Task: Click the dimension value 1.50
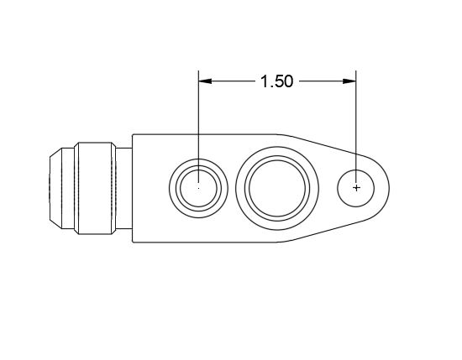(x=276, y=81)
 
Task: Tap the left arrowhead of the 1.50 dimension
(x=204, y=81)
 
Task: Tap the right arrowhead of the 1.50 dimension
(x=351, y=81)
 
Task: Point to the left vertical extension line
(x=198, y=117)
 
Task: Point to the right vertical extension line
(x=357, y=117)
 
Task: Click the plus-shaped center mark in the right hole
(x=357, y=188)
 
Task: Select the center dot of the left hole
(x=198, y=188)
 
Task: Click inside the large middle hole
(x=277, y=186)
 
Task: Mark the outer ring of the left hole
(x=198, y=161)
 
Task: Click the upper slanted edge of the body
(x=323, y=143)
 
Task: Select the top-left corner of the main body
(x=132, y=133)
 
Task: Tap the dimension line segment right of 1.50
(x=323, y=81)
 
